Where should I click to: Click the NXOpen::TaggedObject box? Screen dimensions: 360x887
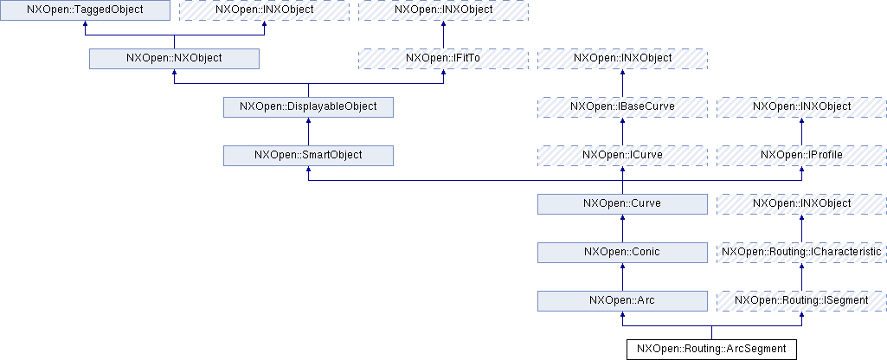85,10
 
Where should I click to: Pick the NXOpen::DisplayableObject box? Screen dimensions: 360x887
308,106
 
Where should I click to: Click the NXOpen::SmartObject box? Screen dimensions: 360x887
308,155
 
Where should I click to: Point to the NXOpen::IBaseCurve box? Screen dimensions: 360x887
622,106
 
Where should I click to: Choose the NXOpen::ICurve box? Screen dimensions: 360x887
622,155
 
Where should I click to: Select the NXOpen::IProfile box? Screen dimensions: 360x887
801,155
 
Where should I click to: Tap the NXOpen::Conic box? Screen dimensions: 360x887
622,252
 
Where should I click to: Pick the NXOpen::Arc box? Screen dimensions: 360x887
622,300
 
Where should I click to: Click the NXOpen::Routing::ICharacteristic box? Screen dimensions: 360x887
801,252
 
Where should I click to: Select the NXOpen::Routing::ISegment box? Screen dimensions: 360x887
801,300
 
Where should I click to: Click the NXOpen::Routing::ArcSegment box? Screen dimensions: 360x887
711,349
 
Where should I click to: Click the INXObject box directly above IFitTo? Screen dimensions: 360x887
443,10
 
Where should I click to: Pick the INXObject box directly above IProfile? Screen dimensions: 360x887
801,106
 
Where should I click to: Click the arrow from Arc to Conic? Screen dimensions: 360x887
622,277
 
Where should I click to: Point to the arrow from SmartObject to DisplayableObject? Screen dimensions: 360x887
308,131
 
